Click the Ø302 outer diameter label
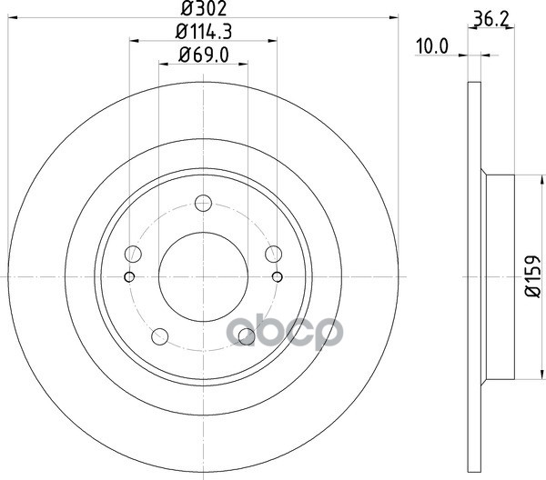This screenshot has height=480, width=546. (204, 8)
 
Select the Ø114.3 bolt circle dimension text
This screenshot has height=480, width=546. (204, 33)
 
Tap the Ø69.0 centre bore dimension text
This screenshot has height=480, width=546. (204, 55)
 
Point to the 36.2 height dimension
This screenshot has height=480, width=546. (491, 20)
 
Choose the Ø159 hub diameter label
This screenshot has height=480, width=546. (532, 276)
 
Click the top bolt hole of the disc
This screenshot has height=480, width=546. (203, 203)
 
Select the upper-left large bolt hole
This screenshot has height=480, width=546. (133, 254)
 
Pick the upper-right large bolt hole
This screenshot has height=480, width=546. (273, 254)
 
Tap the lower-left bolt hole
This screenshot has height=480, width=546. (160, 336)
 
